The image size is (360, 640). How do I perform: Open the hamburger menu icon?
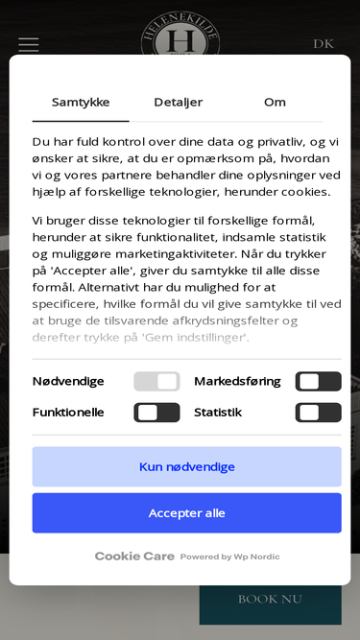[x=29, y=44]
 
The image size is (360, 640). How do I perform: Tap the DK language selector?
[x=324, y=44]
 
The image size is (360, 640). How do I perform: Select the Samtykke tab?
[x=81, y=103]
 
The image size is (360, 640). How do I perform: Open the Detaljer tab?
[x=179, y=103]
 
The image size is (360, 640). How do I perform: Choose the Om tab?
[x=275, y=103]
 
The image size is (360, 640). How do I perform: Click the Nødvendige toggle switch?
[x=156, y=381]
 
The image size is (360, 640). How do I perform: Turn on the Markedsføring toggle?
[x=318, y=381]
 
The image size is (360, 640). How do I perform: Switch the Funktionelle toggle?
[x=156, y=413]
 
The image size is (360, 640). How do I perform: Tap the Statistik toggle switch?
[x=318, y=413]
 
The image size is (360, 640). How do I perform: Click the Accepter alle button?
[x=186, y=513]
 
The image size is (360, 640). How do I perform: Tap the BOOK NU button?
[x=270, y=599]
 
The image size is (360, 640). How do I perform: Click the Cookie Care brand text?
[x=134, y=557]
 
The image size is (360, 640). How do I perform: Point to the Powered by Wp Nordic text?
[x=230, y=557]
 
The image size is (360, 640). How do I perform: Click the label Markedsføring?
[x=237, y=381]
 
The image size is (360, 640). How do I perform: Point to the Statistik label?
[x=218, y=413]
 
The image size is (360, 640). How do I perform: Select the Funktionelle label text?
[x=68, y=413]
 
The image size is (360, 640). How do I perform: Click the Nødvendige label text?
[x=68, y=381]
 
